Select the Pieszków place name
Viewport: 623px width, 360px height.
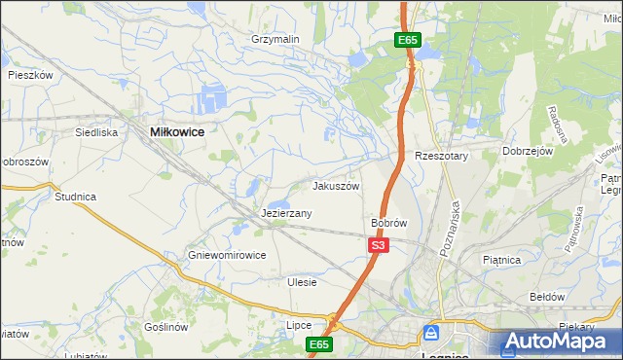(29, 74)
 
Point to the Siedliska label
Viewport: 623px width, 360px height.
(96, 131)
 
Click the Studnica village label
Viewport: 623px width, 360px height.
(75, 197)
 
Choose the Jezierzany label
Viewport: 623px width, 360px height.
(286, 213)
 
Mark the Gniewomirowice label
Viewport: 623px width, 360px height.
(227, 256)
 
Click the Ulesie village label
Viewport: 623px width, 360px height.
(302, 282)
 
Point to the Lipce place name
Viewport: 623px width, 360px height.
(298, 325)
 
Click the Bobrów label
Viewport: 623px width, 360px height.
(388, 223)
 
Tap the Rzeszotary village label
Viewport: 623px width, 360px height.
(442, 156)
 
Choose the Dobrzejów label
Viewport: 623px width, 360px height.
(528, 151)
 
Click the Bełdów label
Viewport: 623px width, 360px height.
(546, 296)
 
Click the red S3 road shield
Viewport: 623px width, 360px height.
(380, 246)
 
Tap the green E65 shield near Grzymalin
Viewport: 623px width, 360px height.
(408, 40)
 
